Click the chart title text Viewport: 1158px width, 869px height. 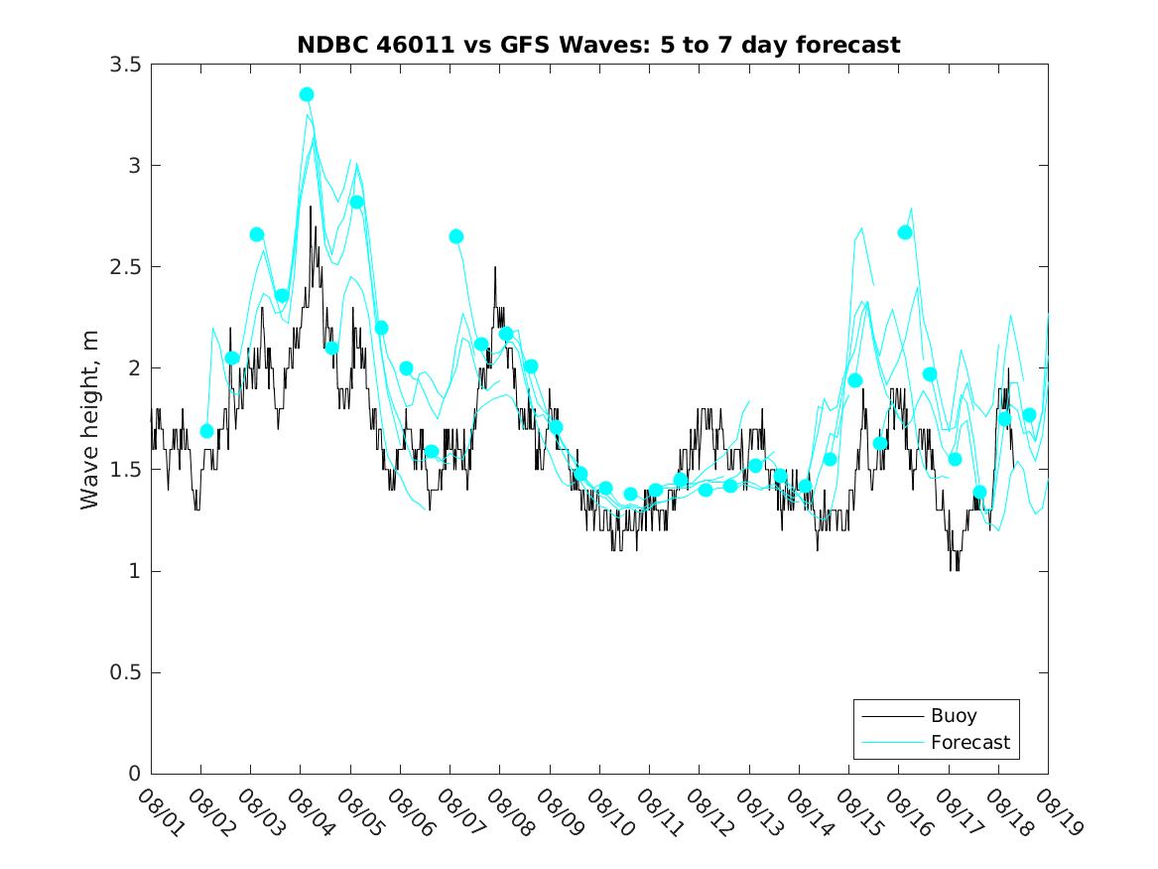[598, 45]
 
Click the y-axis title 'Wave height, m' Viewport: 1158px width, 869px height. [90, 419]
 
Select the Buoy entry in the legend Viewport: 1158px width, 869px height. [954, 715]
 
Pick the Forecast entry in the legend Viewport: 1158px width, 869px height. [969, 742]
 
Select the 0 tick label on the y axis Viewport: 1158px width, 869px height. [134, 774]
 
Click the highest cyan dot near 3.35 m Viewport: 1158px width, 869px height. [307, 94]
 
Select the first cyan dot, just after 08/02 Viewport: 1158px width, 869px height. [206, 431]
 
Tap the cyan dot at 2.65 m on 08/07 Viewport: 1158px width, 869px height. [456, 236]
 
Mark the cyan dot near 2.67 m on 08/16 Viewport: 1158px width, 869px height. [905, 232]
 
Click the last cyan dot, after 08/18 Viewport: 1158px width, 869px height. [1029, 415]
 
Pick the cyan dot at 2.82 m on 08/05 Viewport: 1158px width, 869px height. [356, 202]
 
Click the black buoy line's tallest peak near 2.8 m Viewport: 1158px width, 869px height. [311, 207]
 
